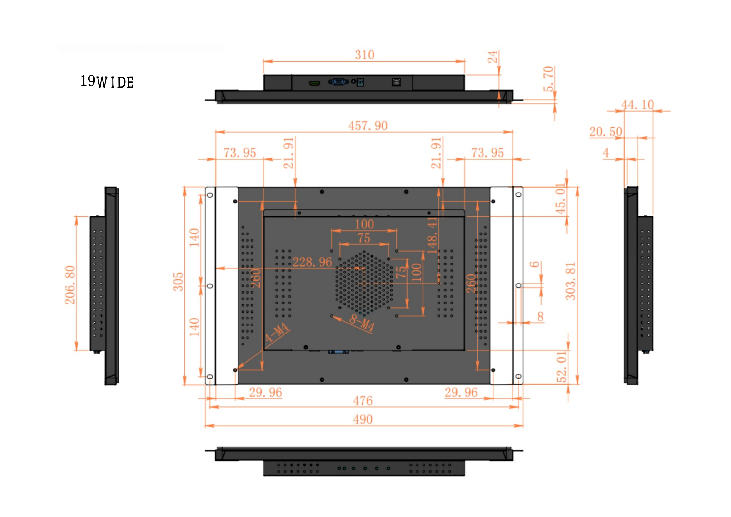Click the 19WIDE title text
pyautogui.click(x=107, y=82)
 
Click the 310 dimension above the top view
pyautogui.click(x=364, y=55)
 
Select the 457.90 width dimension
pyautogui.click(x=368, y=126)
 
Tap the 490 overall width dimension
pyautogui.click(x=363, y=419)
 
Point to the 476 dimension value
pyautogui.click(x=363, y=401)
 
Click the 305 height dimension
pyautogui.click(x=178, y=281)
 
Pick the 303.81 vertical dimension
pyautogui.click(x=571, y=281)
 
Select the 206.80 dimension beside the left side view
pyautogui.click(x=70, y=285)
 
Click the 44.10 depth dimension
pyautogui.click(x=638, y=105)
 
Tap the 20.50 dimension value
pyautogui.click(x=606, y=132)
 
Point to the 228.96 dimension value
pyautogui.click(x=312, y=262)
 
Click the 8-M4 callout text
pyautogui.click(x=362, y=323)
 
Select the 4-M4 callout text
pyautogui.click(x=277, y=332)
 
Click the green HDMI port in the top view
pyautogui.click(x=315, y=83)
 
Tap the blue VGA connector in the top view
pyautogui.click(x=338, y=82)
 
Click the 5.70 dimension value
pyautogui.click(x=548, y=79)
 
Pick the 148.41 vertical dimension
pyautogui.click(x=432, y=236)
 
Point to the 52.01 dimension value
pyautogui.click(x=562, y=366)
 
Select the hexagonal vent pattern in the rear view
pyautogui.click(x=364, y=282)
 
